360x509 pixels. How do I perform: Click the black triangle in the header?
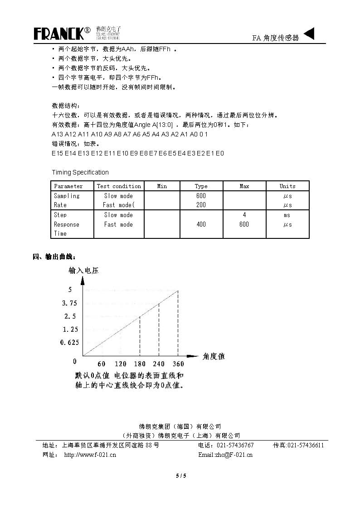[x=308, y=34]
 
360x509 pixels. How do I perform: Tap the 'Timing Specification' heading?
[x=80, y=172]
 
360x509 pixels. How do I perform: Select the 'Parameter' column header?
[x=68, y=186]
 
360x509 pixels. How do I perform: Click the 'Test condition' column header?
[x=119, y=186]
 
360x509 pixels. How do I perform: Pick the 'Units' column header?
[x=287, y=186]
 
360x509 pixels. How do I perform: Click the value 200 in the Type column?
[x=201, y=205]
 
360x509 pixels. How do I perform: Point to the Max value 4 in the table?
[x=244, y=215]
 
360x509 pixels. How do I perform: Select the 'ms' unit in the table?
[x=287, y=215]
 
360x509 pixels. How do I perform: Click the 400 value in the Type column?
[x=201, y=224]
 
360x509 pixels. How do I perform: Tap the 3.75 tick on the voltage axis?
[x=70, y=303]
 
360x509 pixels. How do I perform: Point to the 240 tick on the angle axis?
[x=159, y=364]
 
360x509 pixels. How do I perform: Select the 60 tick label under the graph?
[x=101, y=364]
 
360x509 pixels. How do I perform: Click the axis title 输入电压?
[x=83, y=271]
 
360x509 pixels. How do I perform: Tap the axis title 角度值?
[x=214, y=356]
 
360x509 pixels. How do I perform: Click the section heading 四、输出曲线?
[x=53, y=257]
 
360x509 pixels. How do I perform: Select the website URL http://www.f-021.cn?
[x=90, y=455]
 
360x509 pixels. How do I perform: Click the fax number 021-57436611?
[x=306, y=446]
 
